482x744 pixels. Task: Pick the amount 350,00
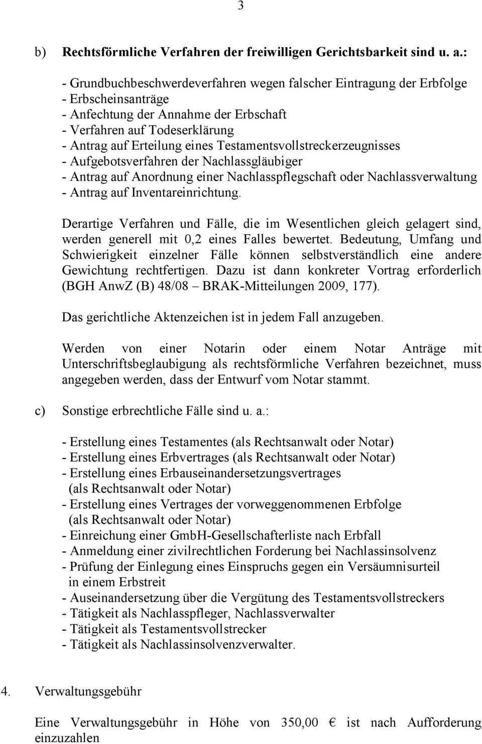pyautogui.click(x=300, y=722)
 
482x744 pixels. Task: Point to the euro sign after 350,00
pyautogui.click(x=332, y=722)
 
